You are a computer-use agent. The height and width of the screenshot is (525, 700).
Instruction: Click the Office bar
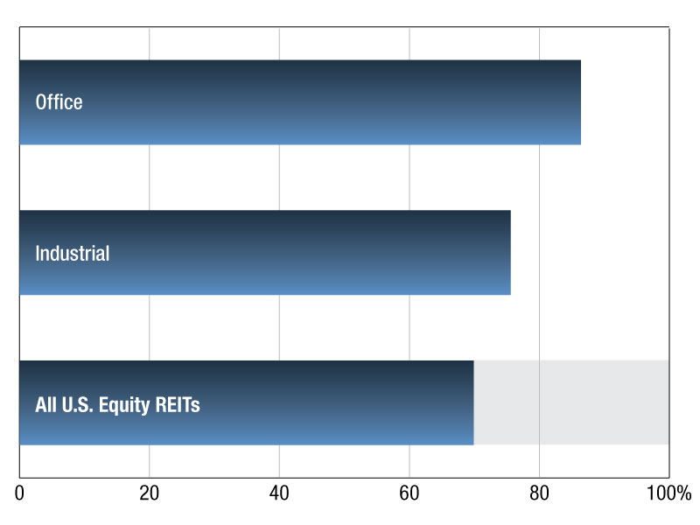coord(300,102)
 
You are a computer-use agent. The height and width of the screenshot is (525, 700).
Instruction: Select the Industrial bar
coord(265,253)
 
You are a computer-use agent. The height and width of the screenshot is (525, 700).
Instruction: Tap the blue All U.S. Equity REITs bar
coord(247,402)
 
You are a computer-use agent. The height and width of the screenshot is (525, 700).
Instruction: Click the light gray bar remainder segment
coord(571,402)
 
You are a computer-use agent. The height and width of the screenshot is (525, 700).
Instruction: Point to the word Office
coord(59,102)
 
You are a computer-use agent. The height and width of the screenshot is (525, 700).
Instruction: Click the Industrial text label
coord(73,253)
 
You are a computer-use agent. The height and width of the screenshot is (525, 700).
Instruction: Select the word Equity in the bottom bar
coord(124,406)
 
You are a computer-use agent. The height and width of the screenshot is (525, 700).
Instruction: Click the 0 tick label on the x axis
coord(19,493)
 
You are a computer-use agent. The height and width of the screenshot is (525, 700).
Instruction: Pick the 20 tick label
coord(149,493)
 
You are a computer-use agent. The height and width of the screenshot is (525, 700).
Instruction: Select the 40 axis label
coord(279,493)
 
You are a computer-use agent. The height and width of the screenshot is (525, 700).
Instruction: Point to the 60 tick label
coord(409,493)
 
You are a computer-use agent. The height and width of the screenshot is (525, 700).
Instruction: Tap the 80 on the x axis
coord(539,493)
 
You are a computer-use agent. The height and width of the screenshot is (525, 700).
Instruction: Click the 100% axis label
coord(668,493)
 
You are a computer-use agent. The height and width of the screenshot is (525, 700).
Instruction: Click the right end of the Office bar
coord(581,102)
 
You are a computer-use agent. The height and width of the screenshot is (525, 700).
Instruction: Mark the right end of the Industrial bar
coord(511,253)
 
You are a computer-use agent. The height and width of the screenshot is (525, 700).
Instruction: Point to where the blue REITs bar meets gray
coord(473,402)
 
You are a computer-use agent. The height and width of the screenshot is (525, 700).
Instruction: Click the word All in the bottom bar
coord(46,404)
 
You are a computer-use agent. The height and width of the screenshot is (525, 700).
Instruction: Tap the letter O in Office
coord(40,102)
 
